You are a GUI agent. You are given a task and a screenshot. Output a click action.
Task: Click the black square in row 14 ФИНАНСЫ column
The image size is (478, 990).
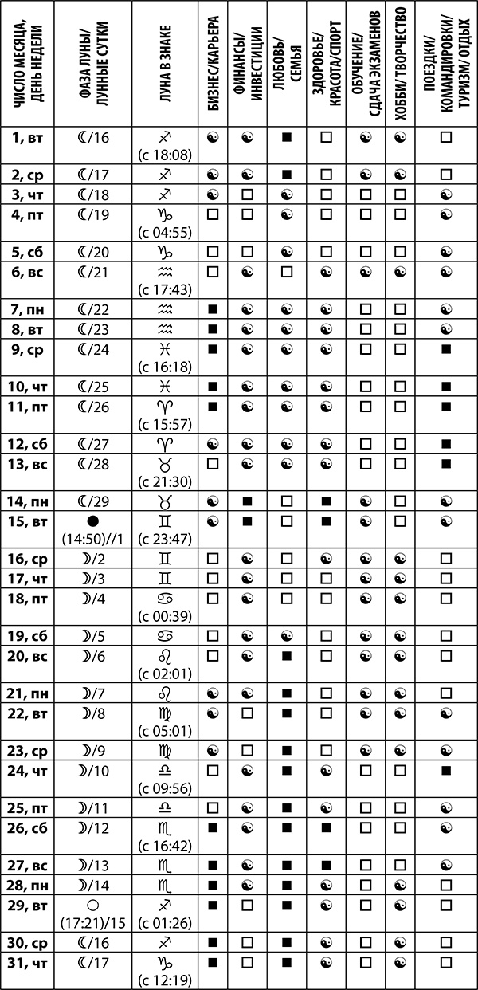pyautogui.click(x=248, y=501)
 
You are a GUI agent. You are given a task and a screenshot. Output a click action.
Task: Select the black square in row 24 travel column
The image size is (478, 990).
pyautogui.click(x=447, y=769)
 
